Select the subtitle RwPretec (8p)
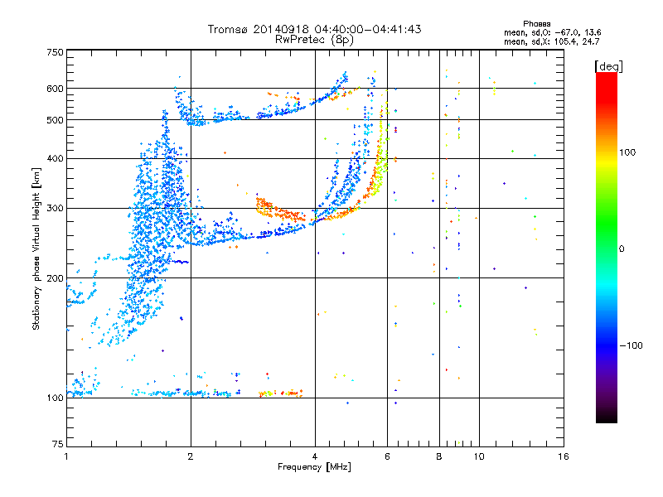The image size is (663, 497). coord(314,40)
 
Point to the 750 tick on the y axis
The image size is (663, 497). coord(55,52)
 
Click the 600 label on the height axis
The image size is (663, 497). coord(55,89)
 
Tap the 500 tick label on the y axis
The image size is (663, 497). coord(55,120)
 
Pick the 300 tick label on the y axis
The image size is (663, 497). coord(55,208)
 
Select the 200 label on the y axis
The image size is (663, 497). coord(55,278)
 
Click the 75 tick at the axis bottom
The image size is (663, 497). coord(57,444)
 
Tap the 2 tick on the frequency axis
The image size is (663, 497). coord(191,456)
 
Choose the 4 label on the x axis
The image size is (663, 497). coord(315,456)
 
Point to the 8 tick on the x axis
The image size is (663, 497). coord(439,456)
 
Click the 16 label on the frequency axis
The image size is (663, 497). coord(564,456)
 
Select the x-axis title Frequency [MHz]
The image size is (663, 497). coord(314,467)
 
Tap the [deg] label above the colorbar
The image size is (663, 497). coord(608,66)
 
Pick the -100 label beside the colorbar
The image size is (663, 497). coord(631,345)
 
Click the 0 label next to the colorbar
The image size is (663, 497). coord(622,249)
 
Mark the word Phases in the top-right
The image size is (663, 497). coord(536,24)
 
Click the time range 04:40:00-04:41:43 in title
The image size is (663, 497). coord(368,29)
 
